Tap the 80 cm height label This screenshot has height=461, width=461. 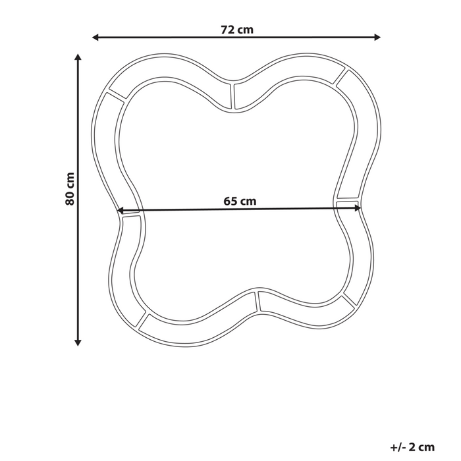[70, 189]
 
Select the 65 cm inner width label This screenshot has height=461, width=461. [239, 202]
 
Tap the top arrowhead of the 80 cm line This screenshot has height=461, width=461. [78, 59]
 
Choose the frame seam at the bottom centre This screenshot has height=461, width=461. [258, 302]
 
